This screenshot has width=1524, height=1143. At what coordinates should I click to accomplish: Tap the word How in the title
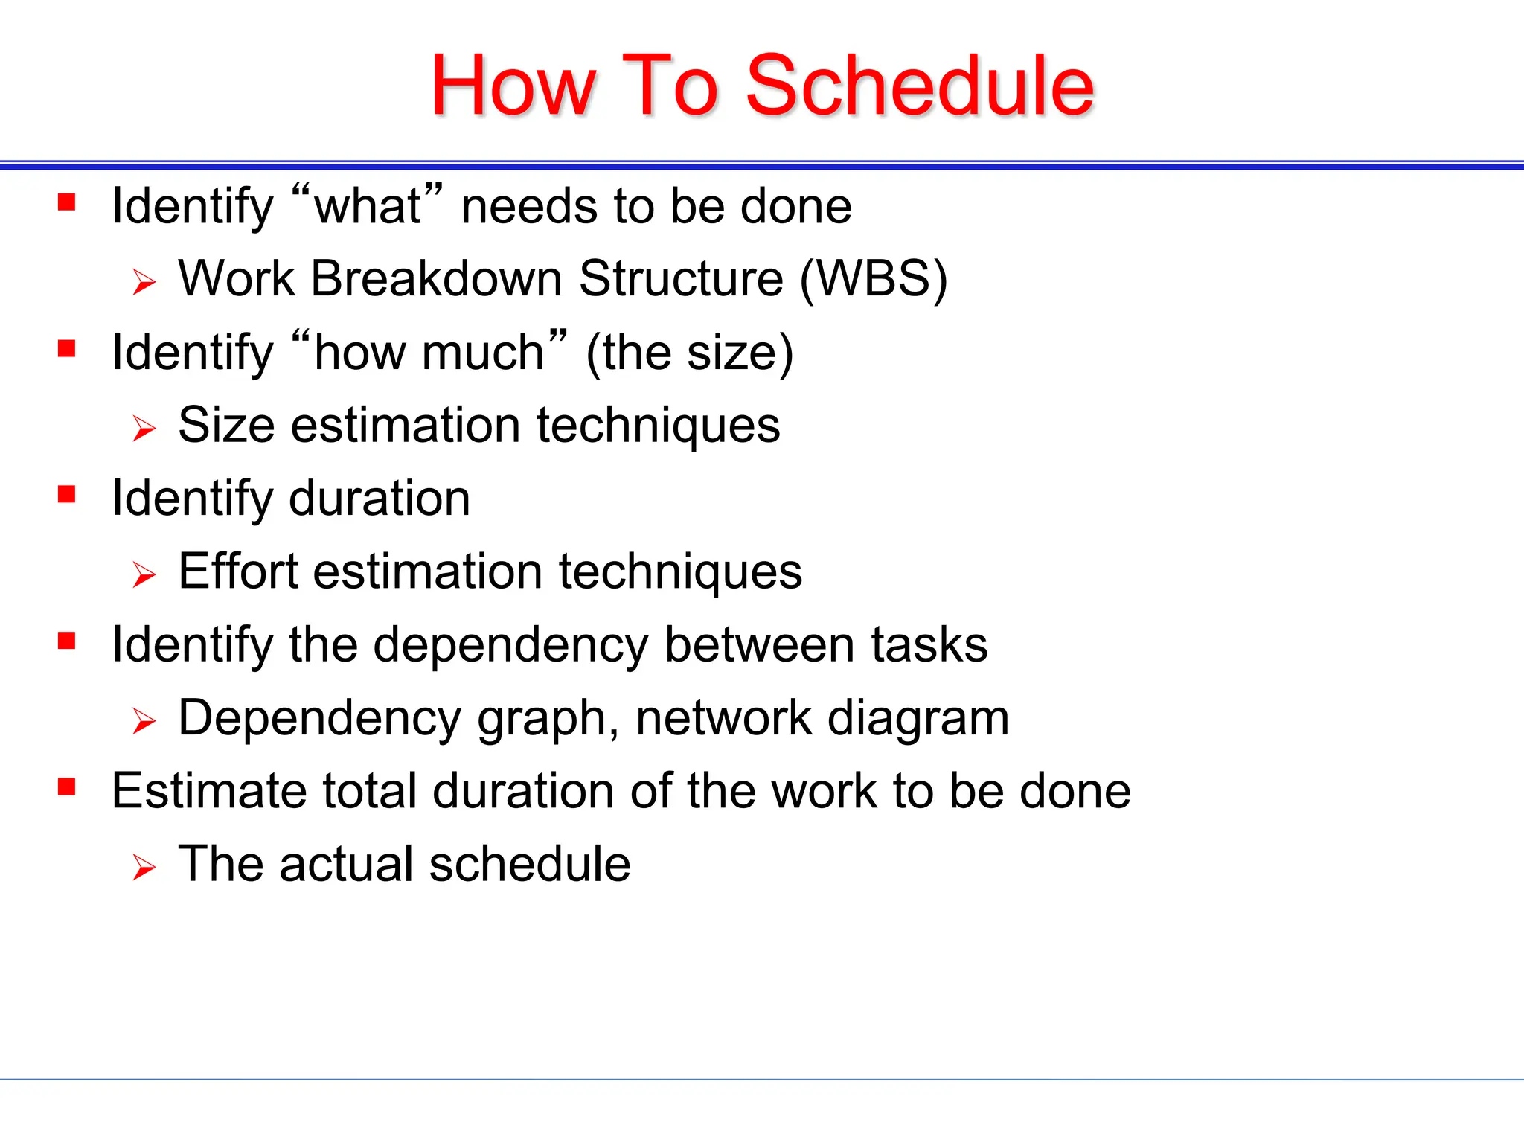513,86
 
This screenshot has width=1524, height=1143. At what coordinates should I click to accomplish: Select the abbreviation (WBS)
874,279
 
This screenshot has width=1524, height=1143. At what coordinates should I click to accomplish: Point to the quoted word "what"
368,206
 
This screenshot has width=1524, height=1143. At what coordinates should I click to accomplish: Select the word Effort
237,571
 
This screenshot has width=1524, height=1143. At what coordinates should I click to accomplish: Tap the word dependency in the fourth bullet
510,644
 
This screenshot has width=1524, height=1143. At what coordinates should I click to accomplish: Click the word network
722,718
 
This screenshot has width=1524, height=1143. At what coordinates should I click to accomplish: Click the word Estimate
208,790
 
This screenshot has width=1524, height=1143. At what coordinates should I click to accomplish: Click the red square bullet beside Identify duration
67,495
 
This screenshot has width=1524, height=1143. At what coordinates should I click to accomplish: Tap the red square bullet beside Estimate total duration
67,787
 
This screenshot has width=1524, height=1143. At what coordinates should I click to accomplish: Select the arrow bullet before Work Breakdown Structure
144,283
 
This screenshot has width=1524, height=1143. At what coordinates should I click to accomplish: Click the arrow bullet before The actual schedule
144,868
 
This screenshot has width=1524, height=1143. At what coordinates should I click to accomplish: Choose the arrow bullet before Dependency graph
144,721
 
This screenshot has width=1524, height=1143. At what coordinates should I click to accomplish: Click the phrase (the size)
690,353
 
